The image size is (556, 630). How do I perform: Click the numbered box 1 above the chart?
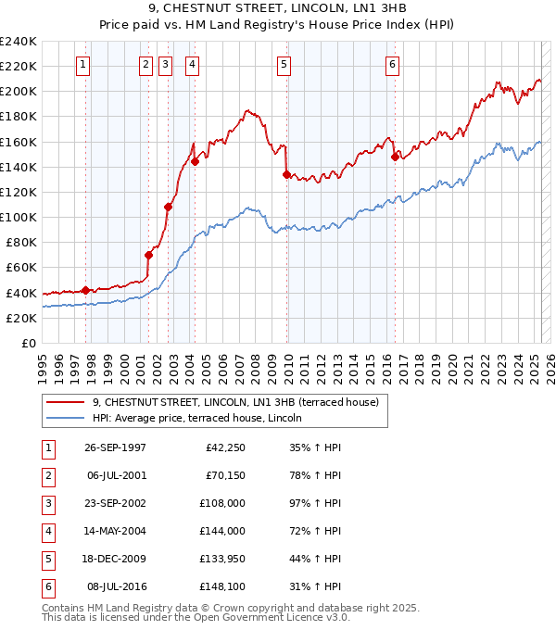tap(83, 65)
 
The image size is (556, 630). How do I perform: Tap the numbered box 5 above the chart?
tap(283, 65)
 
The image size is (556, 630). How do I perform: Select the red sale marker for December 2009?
tap(286, 174)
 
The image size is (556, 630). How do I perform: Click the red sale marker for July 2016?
tap(395, 157)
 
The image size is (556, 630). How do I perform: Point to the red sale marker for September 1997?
tap(85, 290)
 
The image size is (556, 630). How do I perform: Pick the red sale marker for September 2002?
tap(169, 207)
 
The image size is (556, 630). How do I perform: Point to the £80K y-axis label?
tap(20, 243)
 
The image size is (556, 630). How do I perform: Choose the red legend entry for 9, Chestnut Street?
tap(235, 402)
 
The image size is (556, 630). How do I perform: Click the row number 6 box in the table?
tap(46, 586)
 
